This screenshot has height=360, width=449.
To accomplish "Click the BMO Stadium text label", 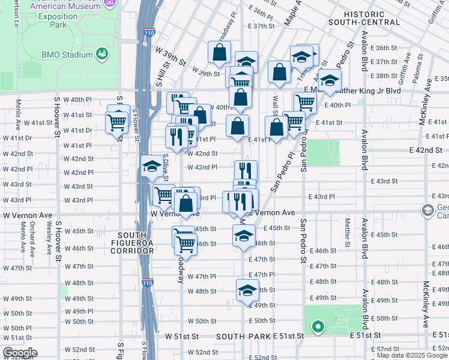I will coord(67,55).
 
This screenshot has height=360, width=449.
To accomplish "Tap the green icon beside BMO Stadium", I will coord(103,54).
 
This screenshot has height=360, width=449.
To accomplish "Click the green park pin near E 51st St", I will coord(318,327).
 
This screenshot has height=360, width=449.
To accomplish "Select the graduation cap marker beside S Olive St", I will coord(152,166).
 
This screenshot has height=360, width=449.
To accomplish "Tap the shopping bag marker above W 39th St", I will coord(220,52).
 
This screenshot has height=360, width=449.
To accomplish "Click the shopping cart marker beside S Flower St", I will coord(116,122).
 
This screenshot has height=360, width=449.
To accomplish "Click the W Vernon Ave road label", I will coord(174,214).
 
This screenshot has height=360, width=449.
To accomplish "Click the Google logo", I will coord(20,353).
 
